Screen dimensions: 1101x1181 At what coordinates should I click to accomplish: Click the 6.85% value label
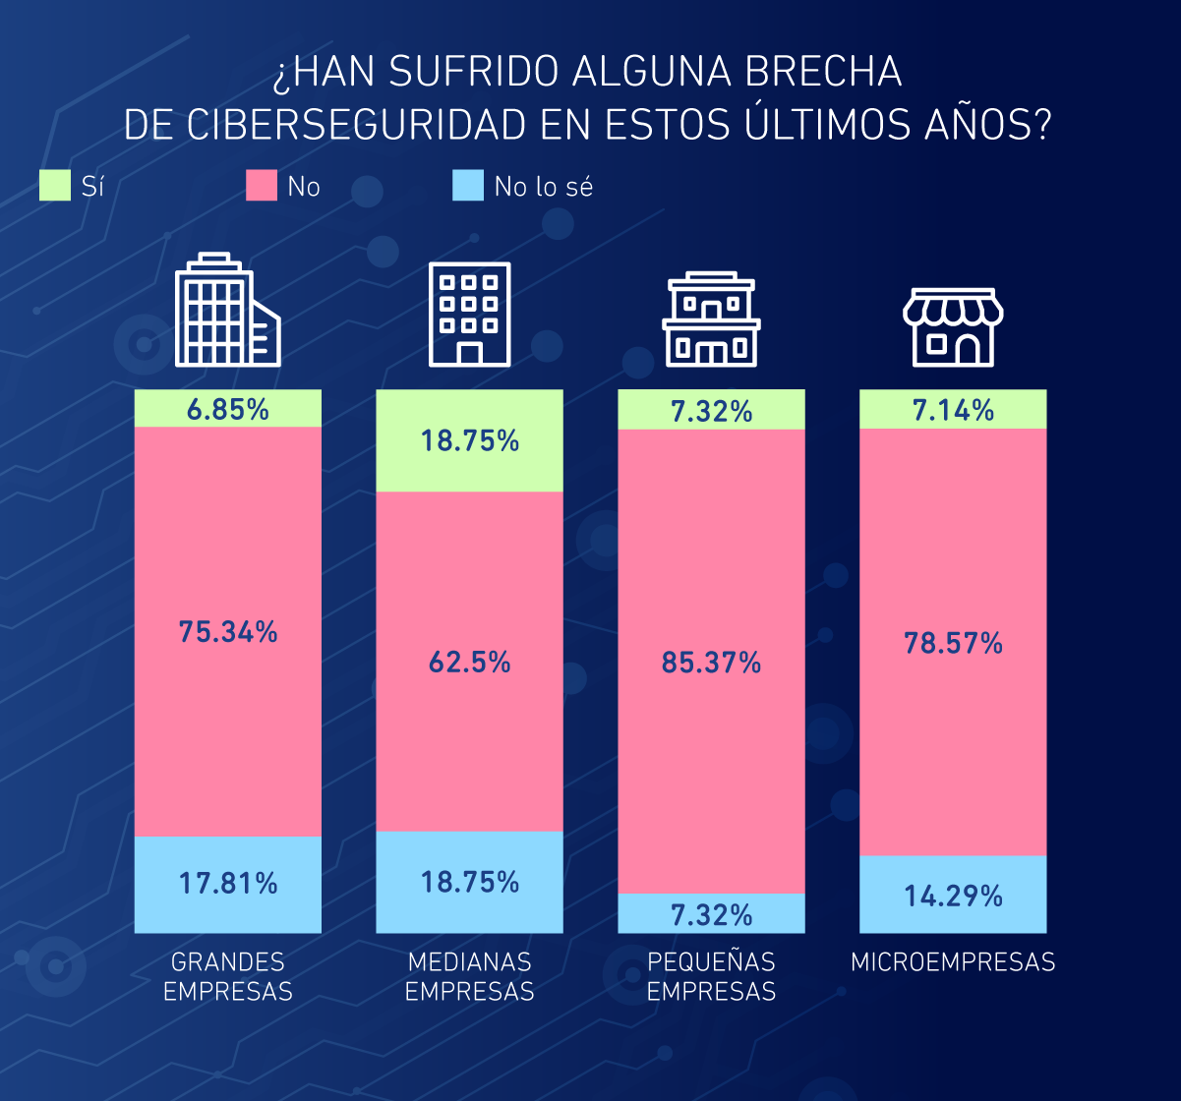pyautogui.click(x=228, y=410)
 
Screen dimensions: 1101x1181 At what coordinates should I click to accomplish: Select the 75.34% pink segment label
pyautogui.click(x=228, y=632)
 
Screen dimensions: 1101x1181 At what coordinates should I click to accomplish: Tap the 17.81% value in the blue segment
pyautogui.click(x=228, y=884)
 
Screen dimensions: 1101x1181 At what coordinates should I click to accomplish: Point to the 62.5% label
pyautogui.click(x=470, y=663)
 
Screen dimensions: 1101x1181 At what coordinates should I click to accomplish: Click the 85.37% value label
pyautogui.click(x=712, y=664)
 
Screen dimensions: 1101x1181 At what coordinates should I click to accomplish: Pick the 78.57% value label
pyautogui.click(x=953, y=644)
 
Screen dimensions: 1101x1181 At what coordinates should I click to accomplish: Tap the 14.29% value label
pyautogui.click(x=953, y=896)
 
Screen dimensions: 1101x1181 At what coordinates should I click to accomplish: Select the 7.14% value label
pyautogui.click(x=953, y=410)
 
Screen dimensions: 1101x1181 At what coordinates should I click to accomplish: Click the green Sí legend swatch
pyautogui.click(x=55, y=186)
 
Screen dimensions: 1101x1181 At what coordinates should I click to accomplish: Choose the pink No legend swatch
pyautogui.click(x=262, y=186)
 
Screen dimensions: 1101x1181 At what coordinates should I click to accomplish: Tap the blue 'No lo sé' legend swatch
pyautogui.click(x=468, y=186)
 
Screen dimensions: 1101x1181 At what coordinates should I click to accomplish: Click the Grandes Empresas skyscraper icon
pyautogui.click(x=227, y=311)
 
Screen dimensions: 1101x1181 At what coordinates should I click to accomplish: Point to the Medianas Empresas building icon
pyautogui.click(x=469, y=314)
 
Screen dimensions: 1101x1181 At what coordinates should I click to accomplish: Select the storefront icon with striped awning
pyautogui.click(x=953, y=327)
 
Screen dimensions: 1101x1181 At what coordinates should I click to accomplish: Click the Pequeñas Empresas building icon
pyautogui.click(x=711, y=320)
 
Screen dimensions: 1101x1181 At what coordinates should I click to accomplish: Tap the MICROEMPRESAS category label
pyautogui.click(x=953, y=961)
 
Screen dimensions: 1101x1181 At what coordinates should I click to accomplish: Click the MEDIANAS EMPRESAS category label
pyautogui.click(x=470, y=976)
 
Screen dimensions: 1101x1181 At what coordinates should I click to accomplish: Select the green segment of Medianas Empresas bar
pyautogui.click(x=470, y=440)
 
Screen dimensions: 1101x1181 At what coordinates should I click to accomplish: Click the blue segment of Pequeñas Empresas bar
pyautogui.click(x=712, y=913)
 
